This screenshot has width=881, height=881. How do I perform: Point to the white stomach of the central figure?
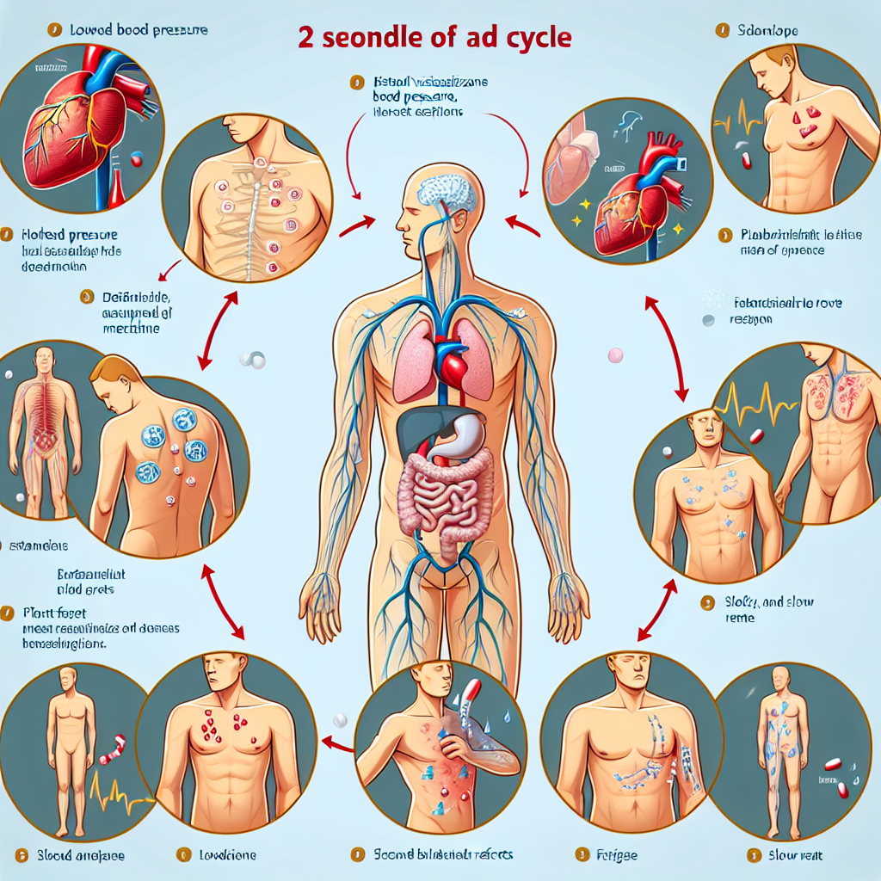coord(455,440)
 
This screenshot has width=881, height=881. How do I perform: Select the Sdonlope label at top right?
coord(769,31)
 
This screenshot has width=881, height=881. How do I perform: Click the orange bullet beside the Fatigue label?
coord(578,854)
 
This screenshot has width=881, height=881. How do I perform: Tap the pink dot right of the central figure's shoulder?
coord(614,354)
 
